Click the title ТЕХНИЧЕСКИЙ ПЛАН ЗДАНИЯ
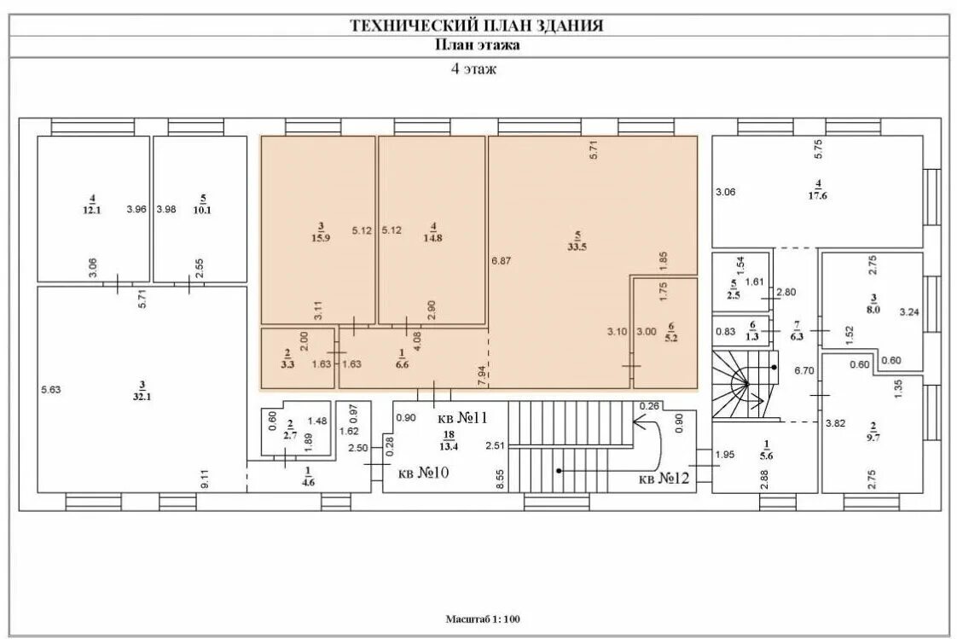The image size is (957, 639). coord(478,26)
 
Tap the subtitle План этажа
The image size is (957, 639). coord(478,46)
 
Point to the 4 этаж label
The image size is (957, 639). coord(473,70)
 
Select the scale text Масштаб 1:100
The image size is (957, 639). coord(483,619)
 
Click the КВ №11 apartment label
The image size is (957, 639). coord(461,418)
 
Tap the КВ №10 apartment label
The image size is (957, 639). coord(423,474)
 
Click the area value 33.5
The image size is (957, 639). coord(577,247)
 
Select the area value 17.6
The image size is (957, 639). coord(818,195)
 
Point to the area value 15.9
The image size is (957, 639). coord(321,237)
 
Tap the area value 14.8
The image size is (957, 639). coord(433,237)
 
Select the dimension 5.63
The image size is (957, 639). coord(50,390)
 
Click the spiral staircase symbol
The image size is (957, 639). coord(744,386)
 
